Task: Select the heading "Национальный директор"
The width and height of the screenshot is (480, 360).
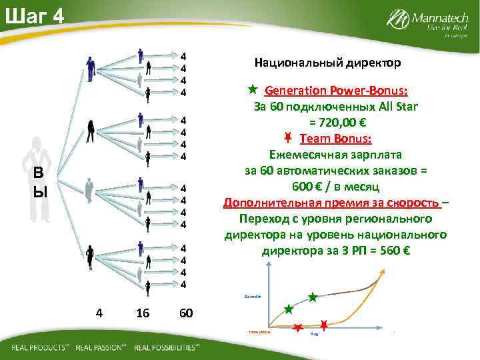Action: click(x=327, y=63)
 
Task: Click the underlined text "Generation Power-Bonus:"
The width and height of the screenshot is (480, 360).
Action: click(x=337, y=90)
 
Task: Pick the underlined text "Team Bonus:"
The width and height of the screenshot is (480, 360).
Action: click(x=336, y=139)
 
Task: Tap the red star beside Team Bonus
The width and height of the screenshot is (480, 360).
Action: click(x=287, y=139)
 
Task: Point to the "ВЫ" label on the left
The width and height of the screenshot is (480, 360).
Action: click(x=41, y=183)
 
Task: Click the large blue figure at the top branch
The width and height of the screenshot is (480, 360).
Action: click(x=90, y=68)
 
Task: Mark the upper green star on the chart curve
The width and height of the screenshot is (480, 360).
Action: click(x=313, y=296)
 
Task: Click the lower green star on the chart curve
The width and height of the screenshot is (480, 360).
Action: click(x=289, y=309)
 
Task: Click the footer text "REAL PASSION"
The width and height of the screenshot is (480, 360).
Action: click(x=101, y=348)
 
